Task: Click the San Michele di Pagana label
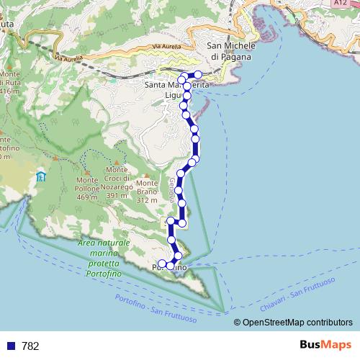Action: pyautogui.click(x=231, y=51)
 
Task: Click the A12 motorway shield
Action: pyautogui.click(x=341, y=4)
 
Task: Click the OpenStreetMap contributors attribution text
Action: pyautogui.click(x=296, y=323)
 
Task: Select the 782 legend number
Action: pyautogui.click(x=30, y=346)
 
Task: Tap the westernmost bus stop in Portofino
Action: pyautogui.click(x=161, y=264)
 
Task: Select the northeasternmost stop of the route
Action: pyautogui.click(x=198, y=75)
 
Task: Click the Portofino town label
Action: pyautogui.click(x=170, y=268)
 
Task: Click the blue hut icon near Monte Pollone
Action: pyautogui.click(x=42, y=176)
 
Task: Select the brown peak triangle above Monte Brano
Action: pyautogui.click(x=147, y=175)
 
